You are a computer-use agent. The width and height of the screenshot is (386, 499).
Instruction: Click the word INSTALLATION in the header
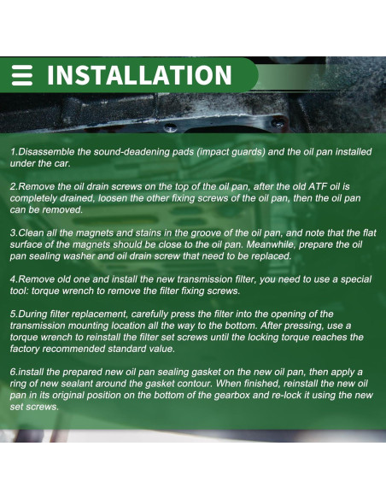(139, 75)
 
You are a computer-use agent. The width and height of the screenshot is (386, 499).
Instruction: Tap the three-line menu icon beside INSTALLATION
(23, 75)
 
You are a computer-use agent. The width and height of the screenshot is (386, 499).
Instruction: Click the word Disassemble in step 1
(47, 152)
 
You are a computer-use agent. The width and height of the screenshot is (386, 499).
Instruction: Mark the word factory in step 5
(29, 349)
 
